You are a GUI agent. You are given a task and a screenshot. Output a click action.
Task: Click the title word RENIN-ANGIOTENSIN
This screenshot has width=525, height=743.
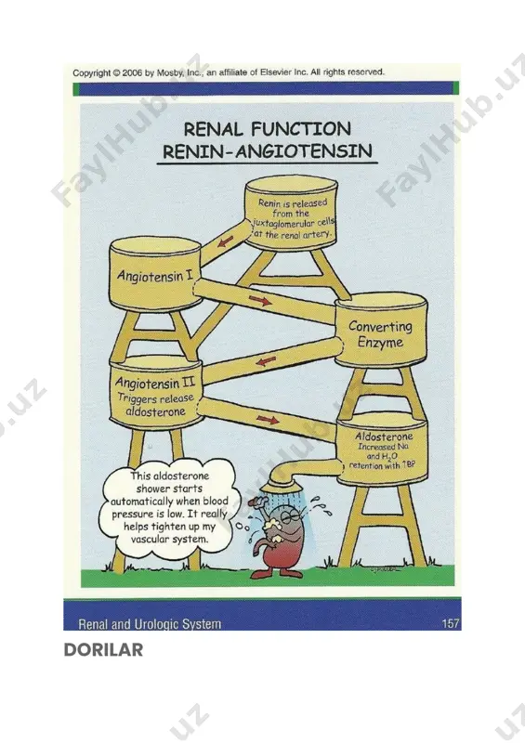[267, 151]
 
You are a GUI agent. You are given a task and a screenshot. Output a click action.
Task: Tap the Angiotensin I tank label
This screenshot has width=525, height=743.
[155, 275]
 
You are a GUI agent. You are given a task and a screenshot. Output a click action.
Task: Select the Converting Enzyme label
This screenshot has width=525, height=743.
[380, 334]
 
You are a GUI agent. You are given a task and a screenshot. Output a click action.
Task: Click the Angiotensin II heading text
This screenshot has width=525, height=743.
[154, 382]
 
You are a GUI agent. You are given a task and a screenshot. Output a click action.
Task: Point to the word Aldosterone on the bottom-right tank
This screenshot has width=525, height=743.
[384, 437]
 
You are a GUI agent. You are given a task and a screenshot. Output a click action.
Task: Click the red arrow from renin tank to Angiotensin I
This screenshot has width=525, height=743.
[225, 241]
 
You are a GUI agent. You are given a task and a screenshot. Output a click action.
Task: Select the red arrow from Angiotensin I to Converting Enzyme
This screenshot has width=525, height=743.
[260, 300]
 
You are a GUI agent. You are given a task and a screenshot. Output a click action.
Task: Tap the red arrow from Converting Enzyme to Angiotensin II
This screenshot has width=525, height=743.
[265, 361]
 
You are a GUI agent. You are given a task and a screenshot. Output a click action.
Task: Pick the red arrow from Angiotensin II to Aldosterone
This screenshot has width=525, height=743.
[268, 420]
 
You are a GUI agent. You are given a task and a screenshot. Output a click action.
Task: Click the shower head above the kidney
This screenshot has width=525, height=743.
[277, 484]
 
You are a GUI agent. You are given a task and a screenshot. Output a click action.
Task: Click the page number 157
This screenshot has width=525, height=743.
[450, 623]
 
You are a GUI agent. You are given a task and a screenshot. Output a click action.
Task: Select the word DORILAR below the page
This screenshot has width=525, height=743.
[103, 649]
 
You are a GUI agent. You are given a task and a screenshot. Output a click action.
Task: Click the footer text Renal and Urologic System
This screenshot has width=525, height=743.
[150, 623]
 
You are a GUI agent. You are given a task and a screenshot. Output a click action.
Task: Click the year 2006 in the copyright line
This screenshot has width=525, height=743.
[132, 73]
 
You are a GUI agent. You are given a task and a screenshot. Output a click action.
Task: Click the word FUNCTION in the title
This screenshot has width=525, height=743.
[301, 129]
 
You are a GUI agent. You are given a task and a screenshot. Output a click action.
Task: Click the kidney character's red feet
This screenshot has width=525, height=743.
[276, 573]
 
